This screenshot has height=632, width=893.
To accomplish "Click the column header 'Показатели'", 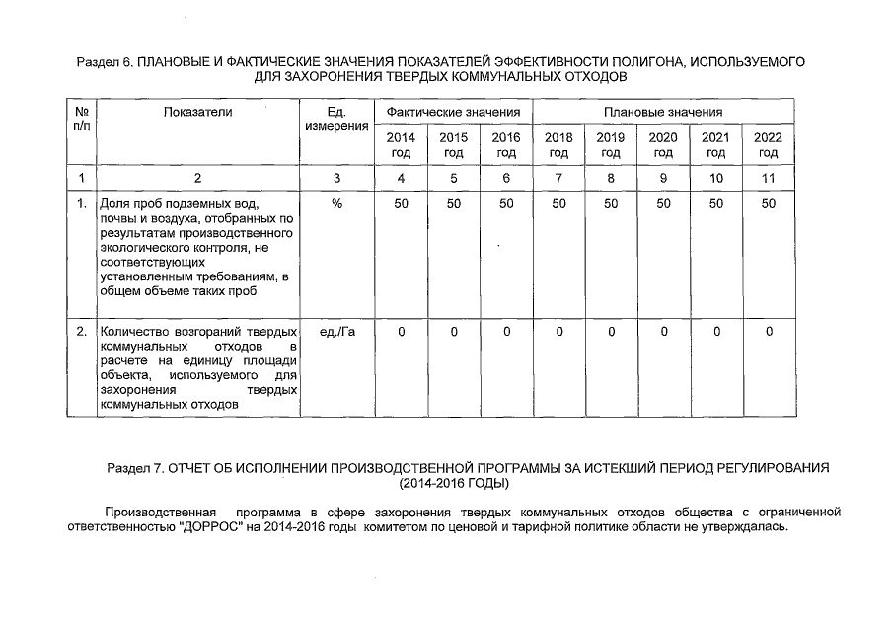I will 198,113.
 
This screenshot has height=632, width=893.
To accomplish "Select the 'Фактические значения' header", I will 453,113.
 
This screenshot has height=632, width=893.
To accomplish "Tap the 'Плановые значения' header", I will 663,113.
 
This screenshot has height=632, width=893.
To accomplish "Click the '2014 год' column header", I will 401,145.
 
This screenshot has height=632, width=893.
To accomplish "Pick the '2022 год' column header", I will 768,145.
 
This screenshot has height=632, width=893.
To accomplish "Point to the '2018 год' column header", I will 558,145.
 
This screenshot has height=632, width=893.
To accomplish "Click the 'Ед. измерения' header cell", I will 336,119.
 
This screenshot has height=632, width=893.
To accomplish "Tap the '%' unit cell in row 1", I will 336,203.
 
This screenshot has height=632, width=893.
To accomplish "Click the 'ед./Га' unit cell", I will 337,332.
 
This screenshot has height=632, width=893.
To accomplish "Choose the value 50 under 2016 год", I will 506,203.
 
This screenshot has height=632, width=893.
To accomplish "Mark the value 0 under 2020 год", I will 663,332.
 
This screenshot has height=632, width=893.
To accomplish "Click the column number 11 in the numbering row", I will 768,178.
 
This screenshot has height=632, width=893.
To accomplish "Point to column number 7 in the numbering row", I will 558,178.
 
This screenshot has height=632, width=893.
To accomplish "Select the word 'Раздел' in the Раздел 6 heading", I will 97,62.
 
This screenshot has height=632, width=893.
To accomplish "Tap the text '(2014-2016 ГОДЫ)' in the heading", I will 454,484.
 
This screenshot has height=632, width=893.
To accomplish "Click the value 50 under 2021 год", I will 716,203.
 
